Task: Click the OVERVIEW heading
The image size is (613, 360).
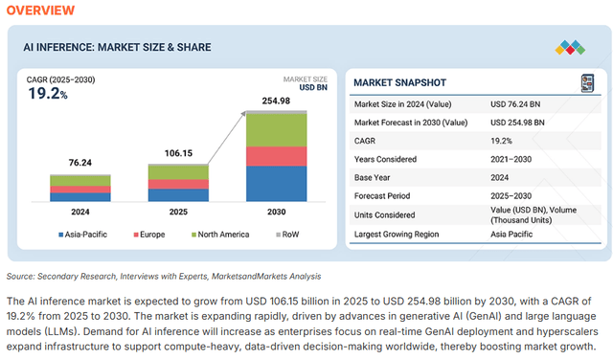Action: (x=41, y=11)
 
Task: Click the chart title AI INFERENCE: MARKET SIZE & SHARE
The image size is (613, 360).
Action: (x=117, y=48)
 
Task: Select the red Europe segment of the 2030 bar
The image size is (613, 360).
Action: (x=277, y=156)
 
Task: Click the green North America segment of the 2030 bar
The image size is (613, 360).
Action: (x=277, y=129)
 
